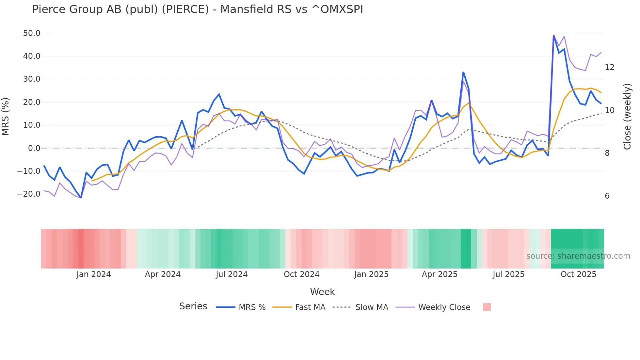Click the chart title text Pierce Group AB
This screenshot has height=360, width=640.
(197, 9)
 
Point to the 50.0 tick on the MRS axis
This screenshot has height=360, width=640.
(32, 33)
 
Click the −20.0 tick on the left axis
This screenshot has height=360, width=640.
(29, 194)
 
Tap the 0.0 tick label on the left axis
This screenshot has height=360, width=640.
(34, 148)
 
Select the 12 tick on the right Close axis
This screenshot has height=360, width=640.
(609, 67)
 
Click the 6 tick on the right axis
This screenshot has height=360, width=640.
(607, 196)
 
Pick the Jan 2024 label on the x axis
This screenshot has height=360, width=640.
(94, 274)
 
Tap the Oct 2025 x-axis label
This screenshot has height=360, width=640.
(578, 274)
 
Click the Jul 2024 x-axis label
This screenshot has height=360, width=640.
(232, 274)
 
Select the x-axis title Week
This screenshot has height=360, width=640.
(322, 292)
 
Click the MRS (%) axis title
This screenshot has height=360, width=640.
(6, 117)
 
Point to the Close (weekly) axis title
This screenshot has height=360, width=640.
(627, 117)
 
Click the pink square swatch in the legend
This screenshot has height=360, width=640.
(487, 307)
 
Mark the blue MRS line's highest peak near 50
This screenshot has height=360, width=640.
(553, 35)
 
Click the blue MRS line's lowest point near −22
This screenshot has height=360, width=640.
(81, 198)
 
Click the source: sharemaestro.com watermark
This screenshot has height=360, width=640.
(578, 256)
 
